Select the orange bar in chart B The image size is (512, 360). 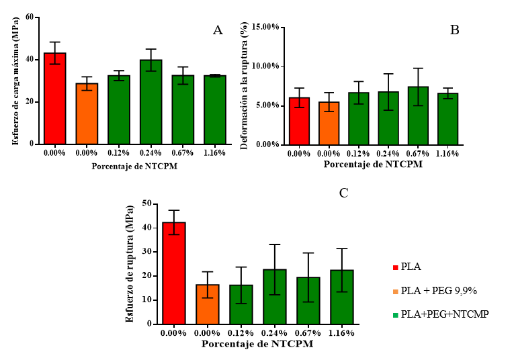click(329, 124)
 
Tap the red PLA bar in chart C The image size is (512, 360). click(173, 273)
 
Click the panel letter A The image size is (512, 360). click(217, 30)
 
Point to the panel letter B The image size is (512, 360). click(455, 30)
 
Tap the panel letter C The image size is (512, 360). click(343, 193)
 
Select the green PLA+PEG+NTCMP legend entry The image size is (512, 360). click(444, 314)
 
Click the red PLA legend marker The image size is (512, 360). click(394, 267)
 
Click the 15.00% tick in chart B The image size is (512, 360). click(263, 28)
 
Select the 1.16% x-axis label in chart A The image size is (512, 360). click(215, 153)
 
